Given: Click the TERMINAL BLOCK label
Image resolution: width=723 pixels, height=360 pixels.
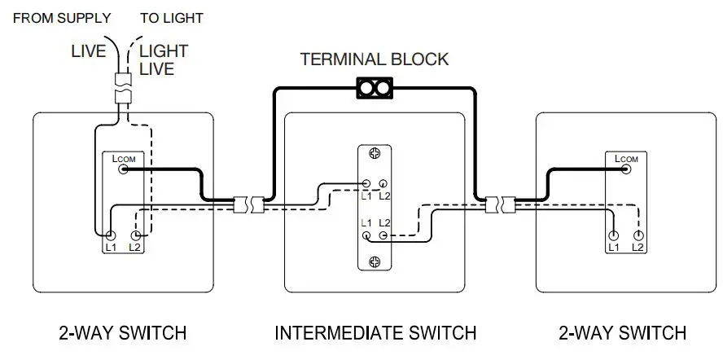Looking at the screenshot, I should point(374,59).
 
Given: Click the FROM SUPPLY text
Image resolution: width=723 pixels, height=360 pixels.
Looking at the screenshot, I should point(61,18).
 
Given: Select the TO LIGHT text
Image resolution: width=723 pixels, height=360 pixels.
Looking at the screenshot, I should point(172,18).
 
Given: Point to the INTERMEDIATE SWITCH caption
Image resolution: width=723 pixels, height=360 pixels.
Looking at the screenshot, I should point(375,333).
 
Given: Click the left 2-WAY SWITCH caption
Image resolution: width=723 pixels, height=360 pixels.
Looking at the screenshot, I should point(123,333).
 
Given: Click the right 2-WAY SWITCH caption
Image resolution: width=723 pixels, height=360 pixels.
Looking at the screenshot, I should point(623,333).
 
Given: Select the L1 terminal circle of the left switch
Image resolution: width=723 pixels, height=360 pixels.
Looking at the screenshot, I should point(109,235).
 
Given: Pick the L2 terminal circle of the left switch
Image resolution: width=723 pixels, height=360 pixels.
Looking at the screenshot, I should point(135,235).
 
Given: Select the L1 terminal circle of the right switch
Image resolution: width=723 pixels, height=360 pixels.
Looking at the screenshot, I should point(613,235).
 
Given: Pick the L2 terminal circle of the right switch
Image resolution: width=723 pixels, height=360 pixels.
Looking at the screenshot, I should point(638,235).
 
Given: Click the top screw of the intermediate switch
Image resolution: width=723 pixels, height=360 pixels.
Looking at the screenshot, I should point(375,153).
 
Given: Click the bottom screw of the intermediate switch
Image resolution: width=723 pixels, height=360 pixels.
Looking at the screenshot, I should point(375,261).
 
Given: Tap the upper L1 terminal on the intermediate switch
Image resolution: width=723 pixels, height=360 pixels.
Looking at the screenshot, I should point(366,185).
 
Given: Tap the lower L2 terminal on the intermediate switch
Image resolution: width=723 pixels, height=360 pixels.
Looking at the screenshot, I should point(382,235).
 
